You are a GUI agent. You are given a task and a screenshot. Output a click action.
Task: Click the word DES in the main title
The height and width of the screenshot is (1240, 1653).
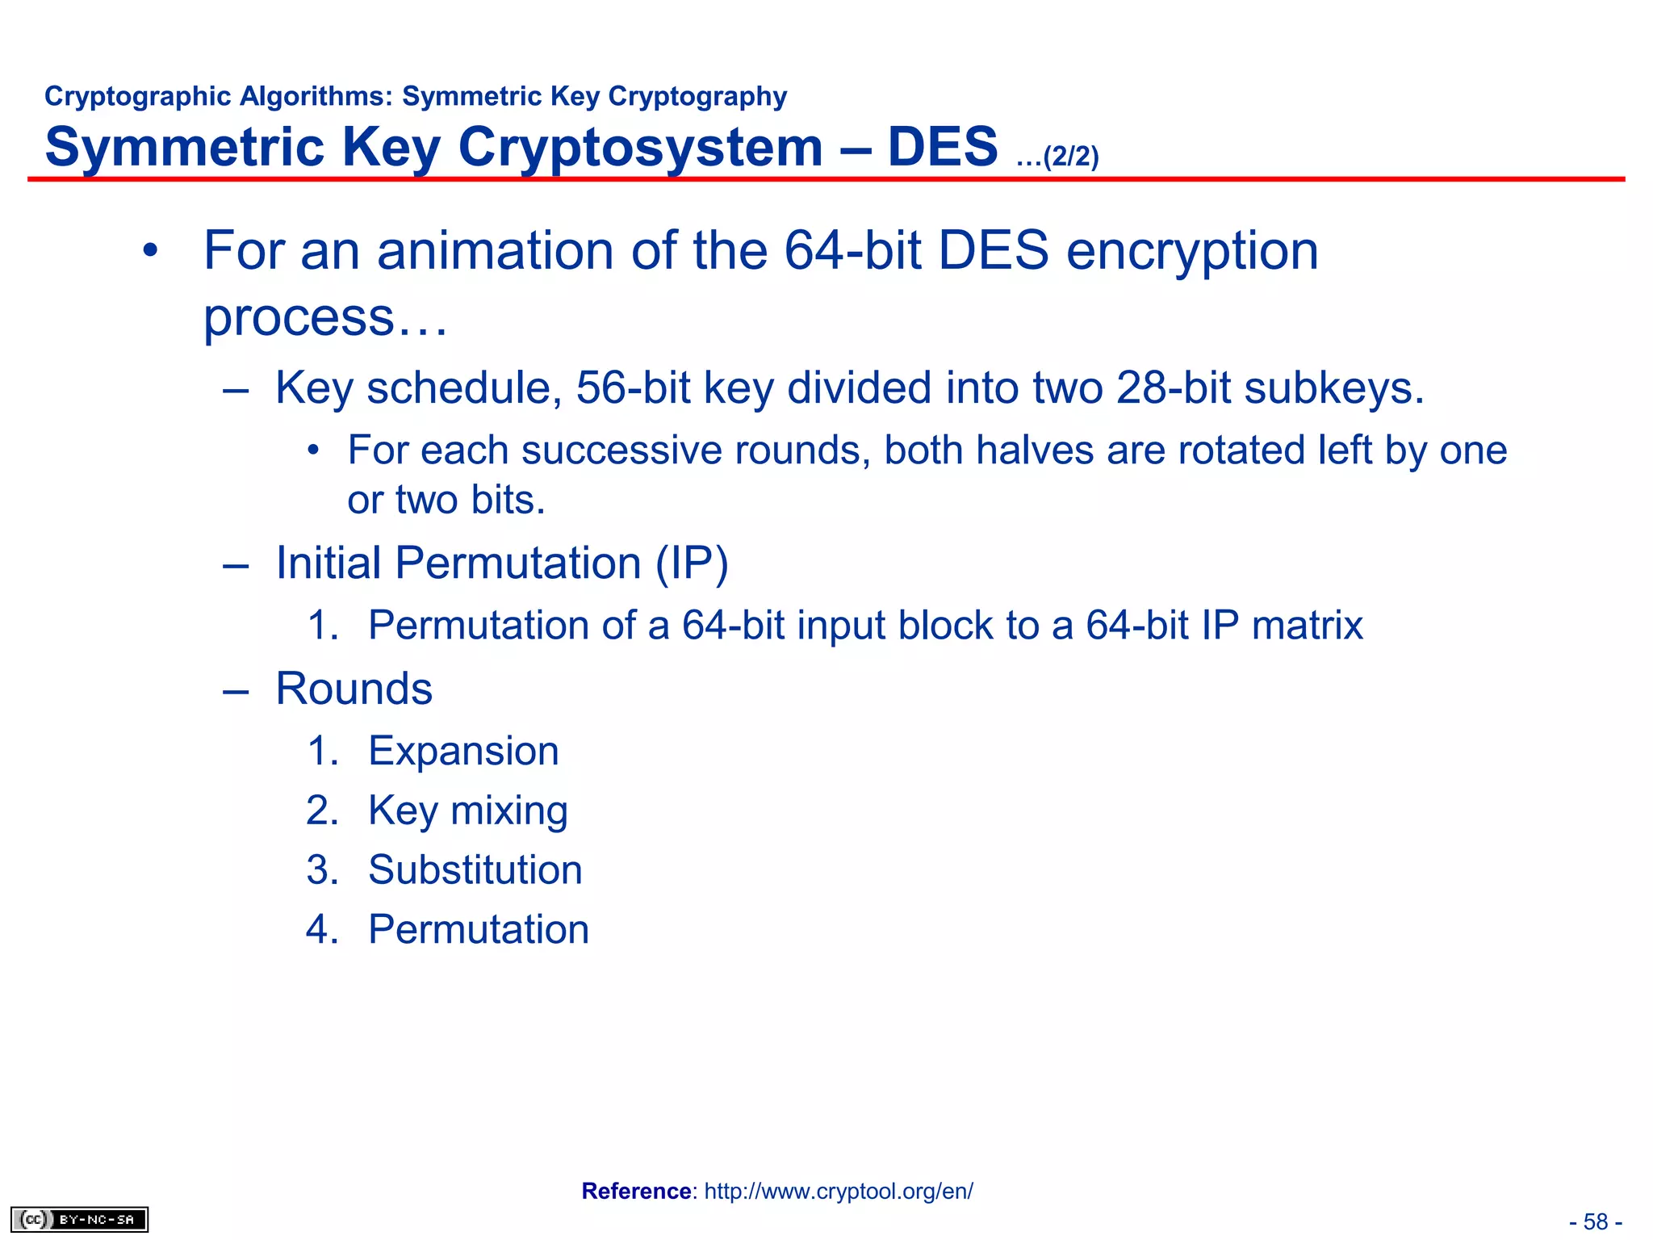coord(942,147)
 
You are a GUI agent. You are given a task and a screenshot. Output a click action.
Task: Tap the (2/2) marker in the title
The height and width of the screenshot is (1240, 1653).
coord(1070,156)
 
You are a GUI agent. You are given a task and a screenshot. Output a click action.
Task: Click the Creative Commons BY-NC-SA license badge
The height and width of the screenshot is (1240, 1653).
coord(79,1219)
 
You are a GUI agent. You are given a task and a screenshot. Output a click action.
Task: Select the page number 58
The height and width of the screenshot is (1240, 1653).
coord(1595,1221)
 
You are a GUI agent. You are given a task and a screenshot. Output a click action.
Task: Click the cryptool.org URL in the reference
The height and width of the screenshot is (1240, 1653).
coord(839,1191)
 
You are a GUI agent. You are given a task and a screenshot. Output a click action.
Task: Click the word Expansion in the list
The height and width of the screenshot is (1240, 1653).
coord(463,751)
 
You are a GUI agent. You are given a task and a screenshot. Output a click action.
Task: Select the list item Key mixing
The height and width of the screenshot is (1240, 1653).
coord(467,811)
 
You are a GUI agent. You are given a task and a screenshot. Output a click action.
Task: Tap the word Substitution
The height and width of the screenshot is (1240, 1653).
coord(475,869)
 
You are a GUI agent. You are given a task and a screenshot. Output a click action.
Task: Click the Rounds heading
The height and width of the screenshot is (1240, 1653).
coord(354,689)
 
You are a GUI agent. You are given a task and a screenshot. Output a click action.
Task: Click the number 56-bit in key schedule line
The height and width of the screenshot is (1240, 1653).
coord(633,387)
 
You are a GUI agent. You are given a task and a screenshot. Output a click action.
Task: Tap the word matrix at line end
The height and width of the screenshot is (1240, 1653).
coord(1307,625)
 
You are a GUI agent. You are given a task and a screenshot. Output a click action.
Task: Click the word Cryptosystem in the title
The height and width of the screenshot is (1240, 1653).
coord(640,147)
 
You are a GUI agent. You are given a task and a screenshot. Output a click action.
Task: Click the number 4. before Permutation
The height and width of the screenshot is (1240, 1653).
coord(322,929)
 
